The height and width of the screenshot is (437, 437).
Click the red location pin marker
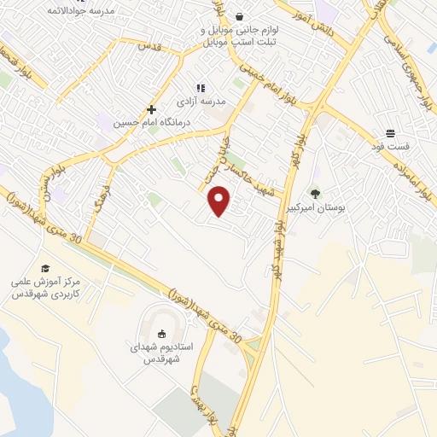coord(220,200)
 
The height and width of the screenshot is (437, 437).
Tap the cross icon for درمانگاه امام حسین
coord(152,109)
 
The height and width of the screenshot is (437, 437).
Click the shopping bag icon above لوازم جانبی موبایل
coord(239,16)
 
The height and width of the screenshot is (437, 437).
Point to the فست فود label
coord(391,147)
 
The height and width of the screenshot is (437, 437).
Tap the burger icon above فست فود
coord(390,132)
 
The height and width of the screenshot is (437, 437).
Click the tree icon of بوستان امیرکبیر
coord(315,193)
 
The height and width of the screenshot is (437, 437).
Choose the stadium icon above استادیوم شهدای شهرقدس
coord(162,333)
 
